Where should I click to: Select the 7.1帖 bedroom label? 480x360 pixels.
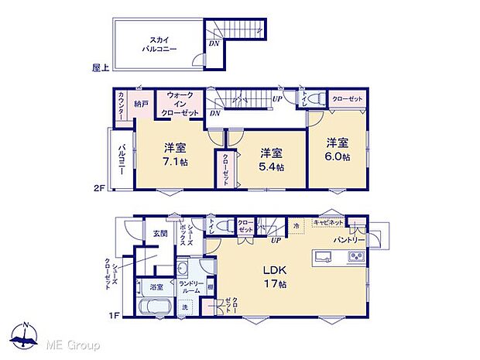pos(174,155)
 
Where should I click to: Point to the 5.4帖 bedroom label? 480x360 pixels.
pos(271,159)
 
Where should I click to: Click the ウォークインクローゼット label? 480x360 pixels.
pos(180,104)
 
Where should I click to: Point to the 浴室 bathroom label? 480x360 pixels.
pos(156,287)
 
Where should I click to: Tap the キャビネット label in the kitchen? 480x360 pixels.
pos(327,222)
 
